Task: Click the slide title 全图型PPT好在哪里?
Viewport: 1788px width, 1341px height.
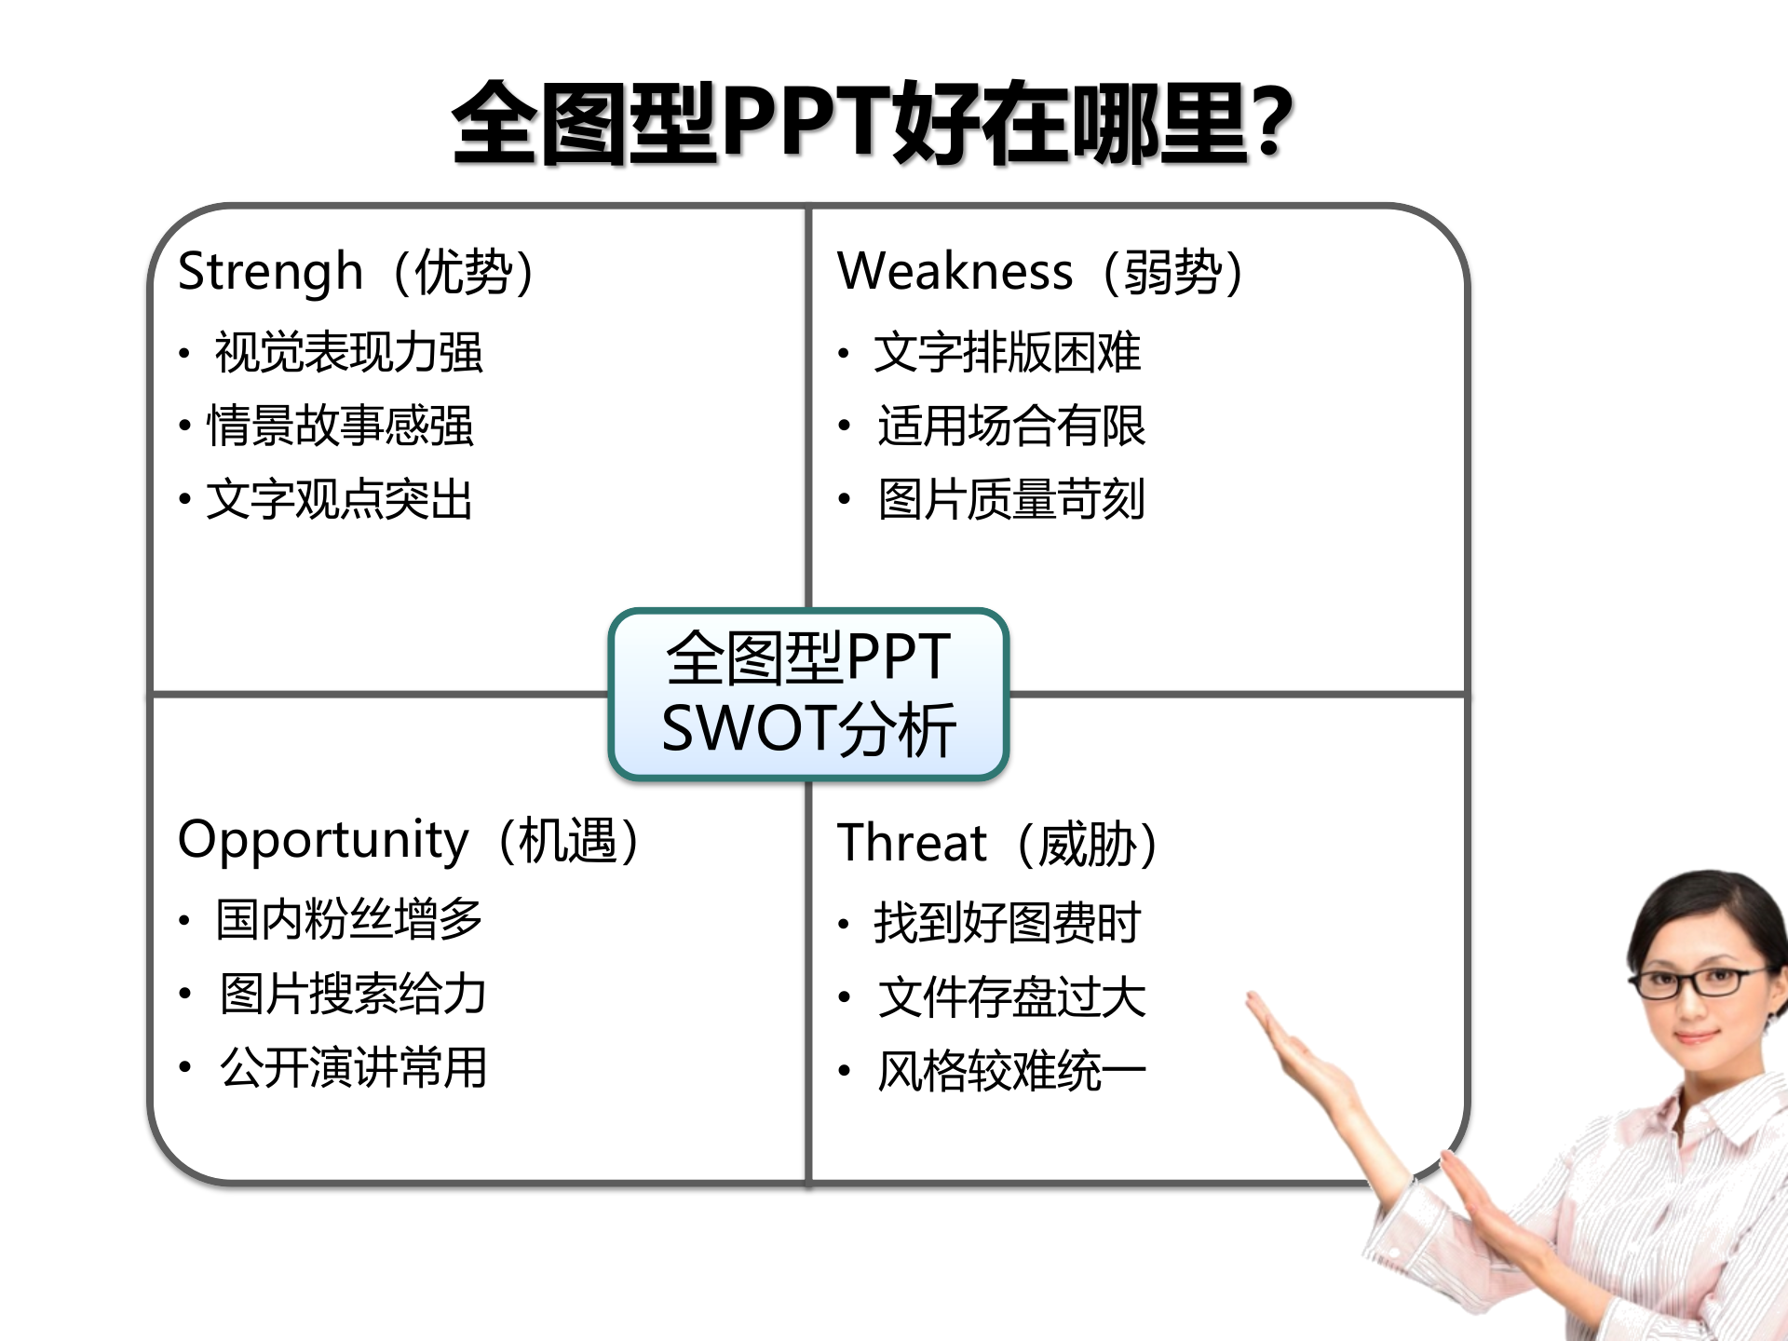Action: tap(873, 123)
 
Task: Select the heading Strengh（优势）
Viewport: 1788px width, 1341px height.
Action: tap(356, 272)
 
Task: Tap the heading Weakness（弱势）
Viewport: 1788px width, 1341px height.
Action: tap(1040, 272)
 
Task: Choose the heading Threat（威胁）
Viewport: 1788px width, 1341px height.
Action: tap(996, 844)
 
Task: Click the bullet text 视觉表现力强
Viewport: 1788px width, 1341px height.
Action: tap(348, 353)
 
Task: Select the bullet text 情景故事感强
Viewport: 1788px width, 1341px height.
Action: tap(340, 427)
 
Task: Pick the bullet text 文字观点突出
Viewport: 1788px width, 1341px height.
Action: tap(340, 500)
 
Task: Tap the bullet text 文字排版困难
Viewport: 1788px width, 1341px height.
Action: tap(1007, 353)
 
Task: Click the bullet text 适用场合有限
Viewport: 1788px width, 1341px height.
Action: tap(1011, 427)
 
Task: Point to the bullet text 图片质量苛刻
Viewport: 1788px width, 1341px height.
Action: tap(1011, 500)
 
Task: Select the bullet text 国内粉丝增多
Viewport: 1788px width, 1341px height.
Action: tap(349, 920)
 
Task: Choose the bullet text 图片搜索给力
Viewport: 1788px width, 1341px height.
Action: tap(353, 994)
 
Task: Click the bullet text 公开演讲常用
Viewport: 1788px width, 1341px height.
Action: tap(353, 1067)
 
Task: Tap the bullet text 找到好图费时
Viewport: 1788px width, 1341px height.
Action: tap(1007, 923)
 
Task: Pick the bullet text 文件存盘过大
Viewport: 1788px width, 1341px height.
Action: tap(1011, 997)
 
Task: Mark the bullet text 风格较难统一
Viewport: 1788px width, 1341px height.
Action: tap(1011, 1071)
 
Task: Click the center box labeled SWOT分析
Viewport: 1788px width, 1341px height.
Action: tap(808, 694)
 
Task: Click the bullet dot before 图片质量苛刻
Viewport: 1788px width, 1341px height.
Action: tap(844, 500)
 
